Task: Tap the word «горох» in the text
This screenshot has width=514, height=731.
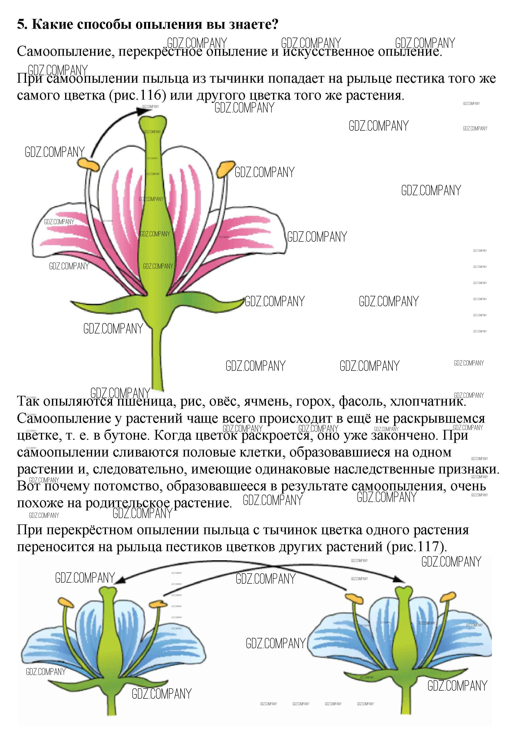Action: coord(315,402)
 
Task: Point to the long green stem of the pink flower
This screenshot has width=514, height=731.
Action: coord(157,360)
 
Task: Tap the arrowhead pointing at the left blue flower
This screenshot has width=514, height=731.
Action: coord(119,581)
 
